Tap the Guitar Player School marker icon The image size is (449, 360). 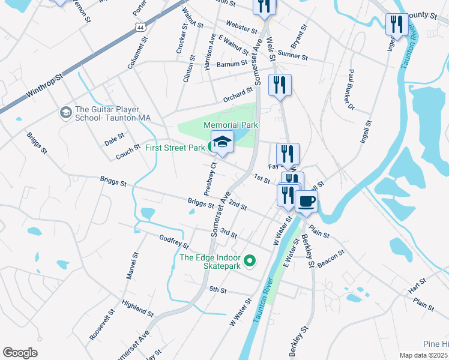(65, 112)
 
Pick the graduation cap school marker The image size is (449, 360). (222, 142)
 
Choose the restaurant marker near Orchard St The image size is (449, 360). (280, 85)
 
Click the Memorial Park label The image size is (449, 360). (231, 125)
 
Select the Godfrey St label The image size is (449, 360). (173, 242)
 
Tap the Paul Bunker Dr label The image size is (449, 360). (350, 91)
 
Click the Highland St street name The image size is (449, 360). (137, 308)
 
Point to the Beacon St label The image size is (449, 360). (331, 257)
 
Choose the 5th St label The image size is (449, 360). (217, 290)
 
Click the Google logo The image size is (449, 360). (20, 353)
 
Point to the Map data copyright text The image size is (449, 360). (424, 355)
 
